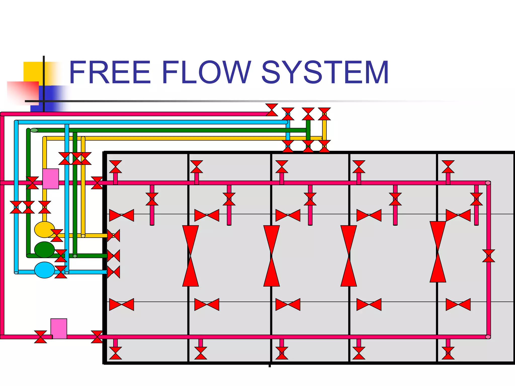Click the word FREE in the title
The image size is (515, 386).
(110, 72)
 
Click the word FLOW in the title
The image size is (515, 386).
(206, 72)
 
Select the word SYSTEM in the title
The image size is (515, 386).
(325, 72)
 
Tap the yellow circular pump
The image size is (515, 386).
(44, 229)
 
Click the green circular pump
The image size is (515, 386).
(44, 250)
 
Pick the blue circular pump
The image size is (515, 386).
(44, 270)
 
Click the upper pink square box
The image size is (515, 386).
(51, 179)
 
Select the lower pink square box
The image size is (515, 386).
(59, 328)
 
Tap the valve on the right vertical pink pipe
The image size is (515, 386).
(488, 256)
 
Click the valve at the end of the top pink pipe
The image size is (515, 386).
(272, 110)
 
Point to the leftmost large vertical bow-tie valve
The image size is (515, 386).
(190, 256)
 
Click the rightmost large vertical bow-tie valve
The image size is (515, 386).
(438, 252)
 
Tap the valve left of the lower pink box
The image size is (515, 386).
(40, 337)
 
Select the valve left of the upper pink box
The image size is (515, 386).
(32, 183)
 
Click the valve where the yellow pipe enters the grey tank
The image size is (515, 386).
(113, 235)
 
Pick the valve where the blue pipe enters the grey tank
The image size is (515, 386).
(113, 272)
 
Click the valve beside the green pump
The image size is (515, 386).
(61, 256)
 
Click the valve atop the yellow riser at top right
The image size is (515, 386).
(324, 114)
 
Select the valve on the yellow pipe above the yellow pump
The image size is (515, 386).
(45, 207)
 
